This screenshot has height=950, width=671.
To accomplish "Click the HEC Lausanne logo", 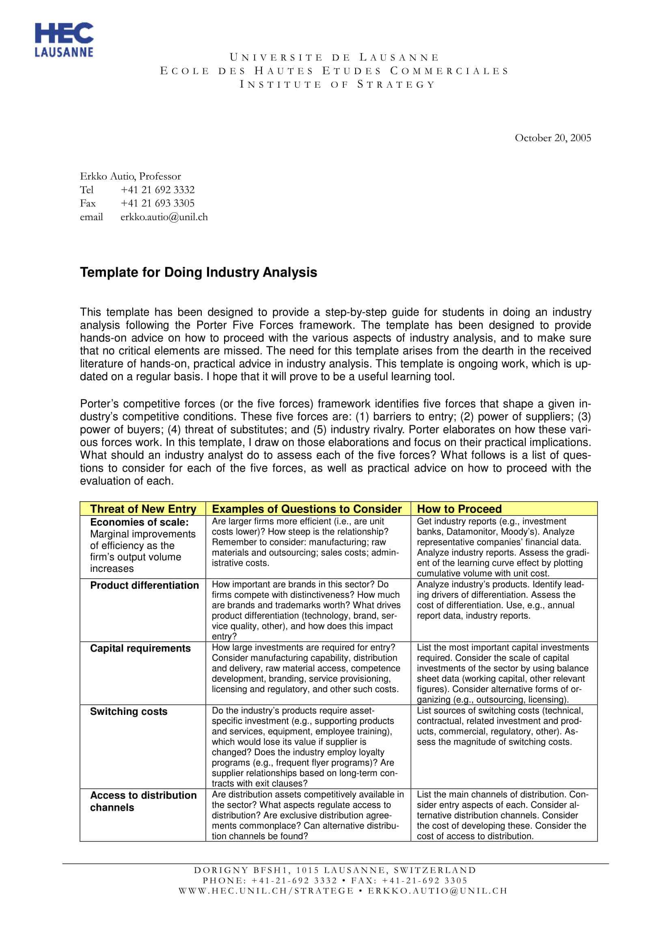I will pyautogui.click(x=64, y=39).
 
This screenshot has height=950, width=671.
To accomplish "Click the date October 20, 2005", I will pyautogui.click(x=552, y=138).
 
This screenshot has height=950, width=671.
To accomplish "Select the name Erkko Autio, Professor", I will pyautogui.click(x=130, y=176).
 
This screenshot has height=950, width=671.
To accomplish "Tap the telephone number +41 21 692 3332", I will pyautogui.click(x=157, y=190).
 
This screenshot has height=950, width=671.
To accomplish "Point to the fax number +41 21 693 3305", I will pyautogui.click(x=157, y=203).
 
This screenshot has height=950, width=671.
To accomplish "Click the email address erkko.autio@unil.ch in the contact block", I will pyautogui.click(x=164, y=217).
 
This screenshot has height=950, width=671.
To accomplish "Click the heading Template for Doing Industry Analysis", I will pyautogui.click(x=198, y=272).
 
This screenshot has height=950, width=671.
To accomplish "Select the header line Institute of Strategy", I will pyautogui.click(x=337, y=84).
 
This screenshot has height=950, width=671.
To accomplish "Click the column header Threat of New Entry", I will pyautogui.click(x=143, y=509).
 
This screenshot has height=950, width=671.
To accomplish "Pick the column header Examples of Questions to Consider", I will pyautogui.click(x=306, y=509).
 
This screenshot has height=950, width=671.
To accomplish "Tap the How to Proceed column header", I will pyautogui.click(x=459, y=509).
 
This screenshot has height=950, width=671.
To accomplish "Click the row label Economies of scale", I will pyautogui.click(x=139, y=522).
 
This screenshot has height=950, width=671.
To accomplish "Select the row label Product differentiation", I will pyautogui.click(x=144, y=585).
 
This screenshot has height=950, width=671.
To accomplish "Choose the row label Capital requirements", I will pyautogui.click(x=140, y=648).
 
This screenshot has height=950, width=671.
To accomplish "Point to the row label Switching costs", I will pyautogui.click(x=129, y=711).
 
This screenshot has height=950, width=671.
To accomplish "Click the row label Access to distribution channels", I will pyautogui.click(x=143, y=801).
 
